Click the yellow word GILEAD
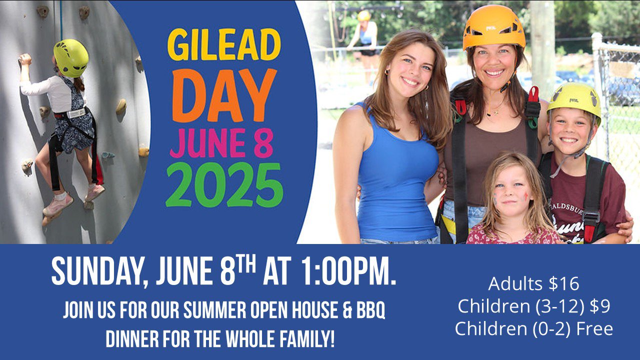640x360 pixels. click(224, 44)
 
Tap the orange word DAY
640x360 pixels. click(224, 95)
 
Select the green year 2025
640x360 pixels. click(224, 185)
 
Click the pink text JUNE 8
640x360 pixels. click(221, 143)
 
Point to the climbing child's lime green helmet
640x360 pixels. click(71, 58)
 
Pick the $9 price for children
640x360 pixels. click(600, 306)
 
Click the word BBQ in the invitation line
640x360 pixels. click(370, 310)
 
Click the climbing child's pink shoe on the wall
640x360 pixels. click(57, 204)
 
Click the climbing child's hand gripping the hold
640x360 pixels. click(25, 59)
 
